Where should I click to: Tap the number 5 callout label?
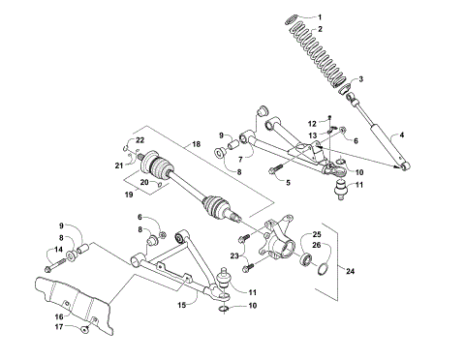click(x=289, y=181)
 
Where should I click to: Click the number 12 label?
click(x=313, y=123)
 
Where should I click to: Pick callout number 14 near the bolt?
click(x=60, y=251)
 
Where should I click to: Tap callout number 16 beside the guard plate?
click(x=58, y=315)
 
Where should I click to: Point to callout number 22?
click(x=139, y=142)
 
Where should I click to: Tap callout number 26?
click(x=315, y=247)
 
